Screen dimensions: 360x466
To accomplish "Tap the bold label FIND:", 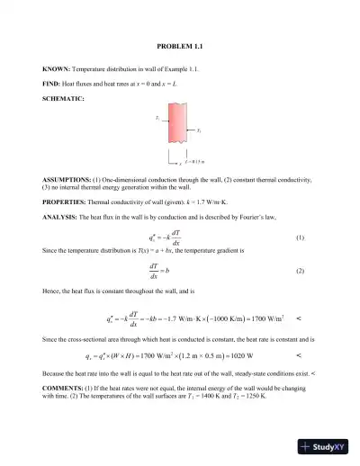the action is [52, 84].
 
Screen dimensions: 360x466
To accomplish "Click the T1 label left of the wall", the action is [157, 118].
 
